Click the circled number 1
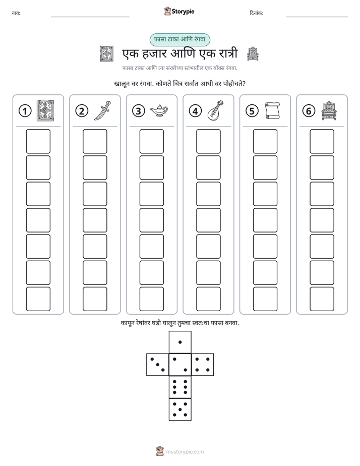coord(25,111)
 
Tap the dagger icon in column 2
coord(102,110)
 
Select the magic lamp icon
coord(159,111)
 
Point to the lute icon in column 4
coord(215,110)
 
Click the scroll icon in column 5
coord(272,111)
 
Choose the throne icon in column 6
coord(329,111)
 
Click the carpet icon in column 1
coord(45,110)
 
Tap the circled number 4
coord(195,111)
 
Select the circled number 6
coord(309,111)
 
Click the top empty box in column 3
coord(151,141)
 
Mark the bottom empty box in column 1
coord(38,299)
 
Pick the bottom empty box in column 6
coord(322,299)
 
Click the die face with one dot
coord(180,342)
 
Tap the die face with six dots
coord(180,387)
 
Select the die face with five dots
coord(180,410)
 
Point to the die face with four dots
coord(203,365)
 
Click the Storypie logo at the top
coord(179,12)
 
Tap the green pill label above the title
coord(179,40)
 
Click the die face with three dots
coord(158,365)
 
